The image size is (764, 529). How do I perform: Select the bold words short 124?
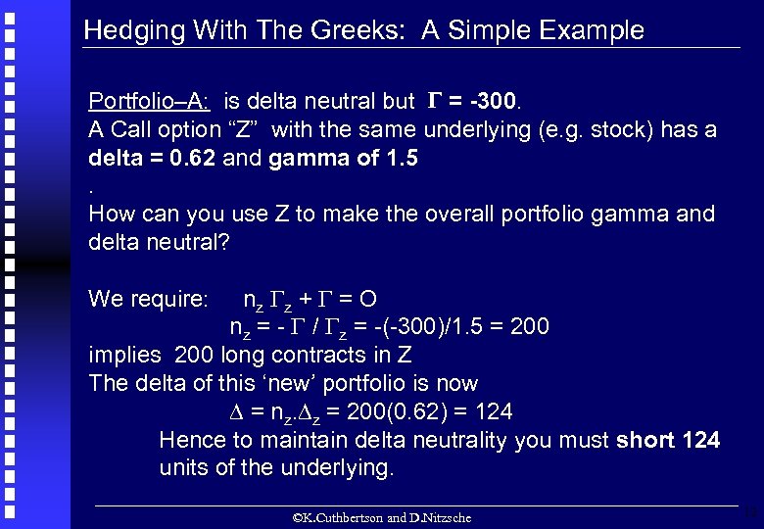pos(668,440)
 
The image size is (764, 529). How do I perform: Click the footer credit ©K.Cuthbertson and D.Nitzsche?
pos(382,517)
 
